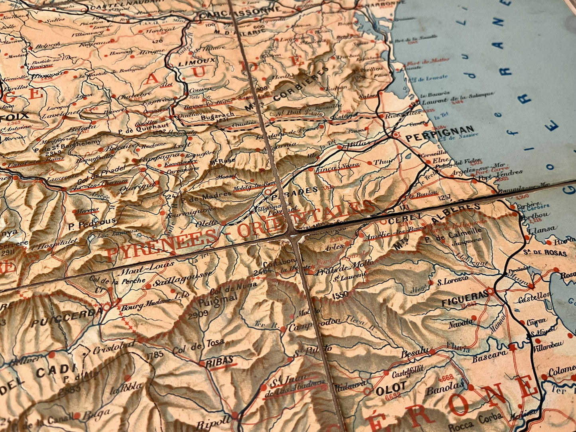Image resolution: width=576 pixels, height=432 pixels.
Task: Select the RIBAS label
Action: click(x=220, y=360)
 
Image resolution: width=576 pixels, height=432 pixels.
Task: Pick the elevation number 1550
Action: click(x=340, y=295)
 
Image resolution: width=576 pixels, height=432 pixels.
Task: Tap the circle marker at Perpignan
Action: click(x=395, y=135)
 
